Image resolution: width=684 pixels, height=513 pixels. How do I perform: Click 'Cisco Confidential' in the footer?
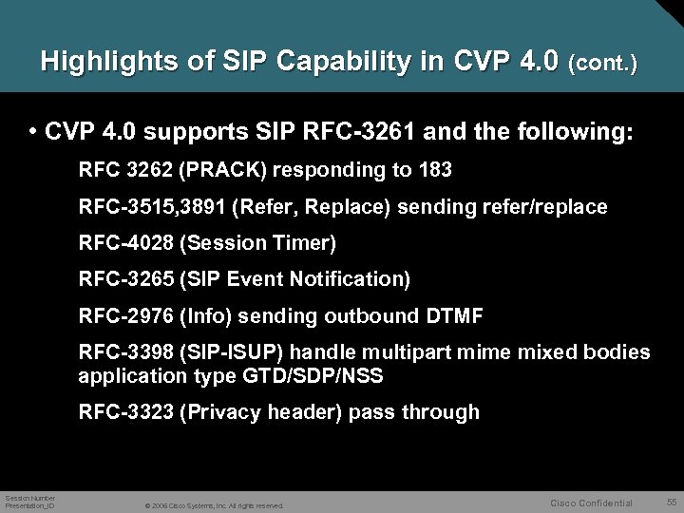[592, 501]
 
